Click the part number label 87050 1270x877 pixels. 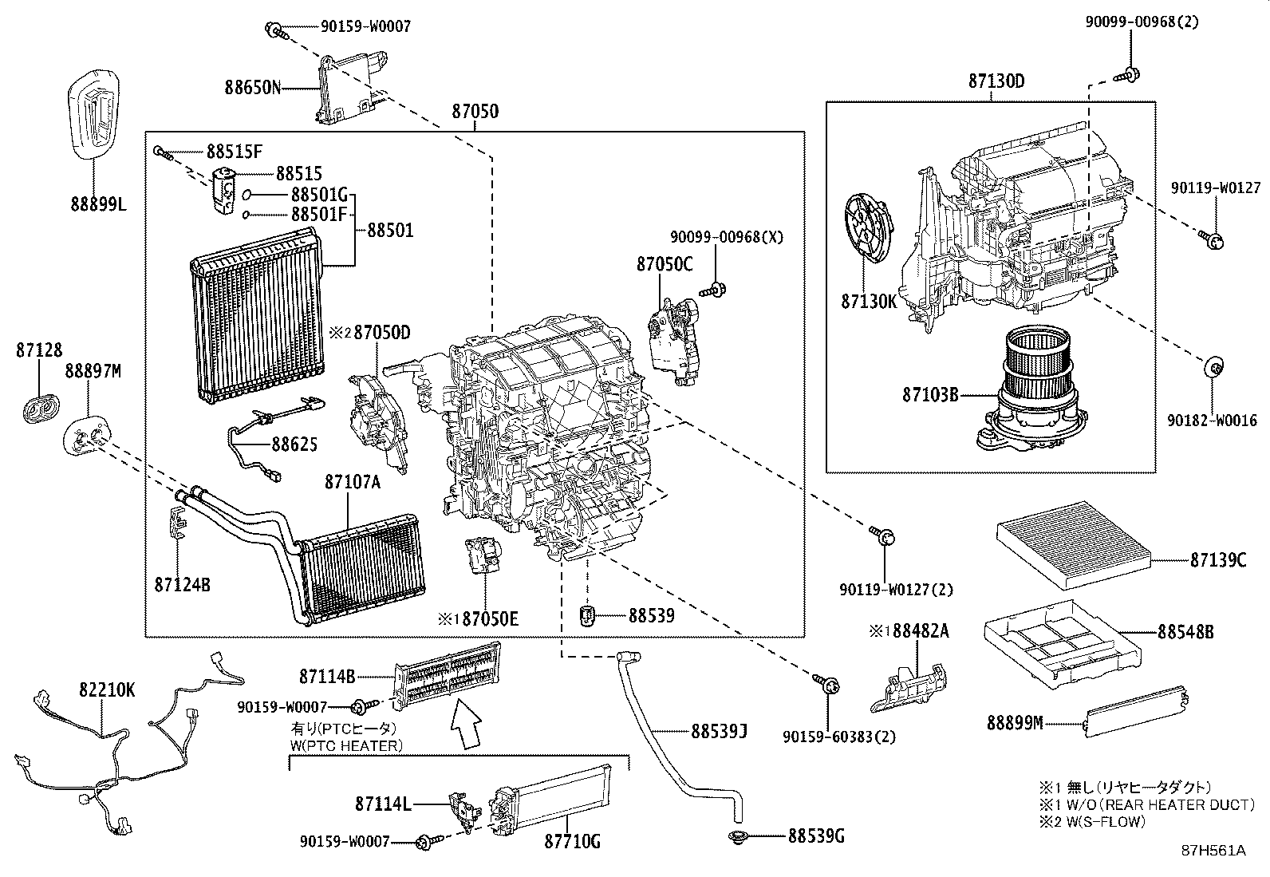pos(475,111)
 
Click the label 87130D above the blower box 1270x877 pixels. pos(996,81)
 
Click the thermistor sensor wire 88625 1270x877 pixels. pos(271,430)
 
